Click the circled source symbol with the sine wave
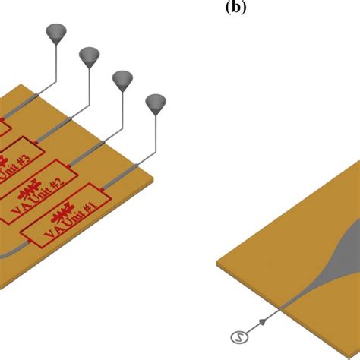point(237,336)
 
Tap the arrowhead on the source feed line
point(263,322)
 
